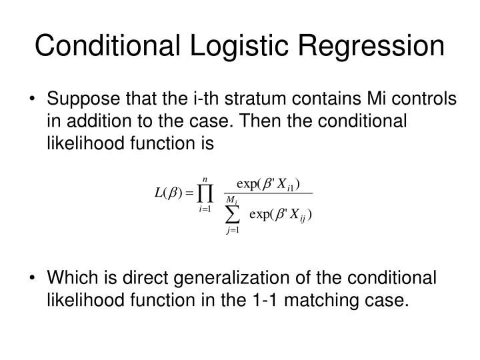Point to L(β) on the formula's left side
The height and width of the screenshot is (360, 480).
coord(165,193)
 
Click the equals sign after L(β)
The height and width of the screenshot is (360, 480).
coord(188,194)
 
